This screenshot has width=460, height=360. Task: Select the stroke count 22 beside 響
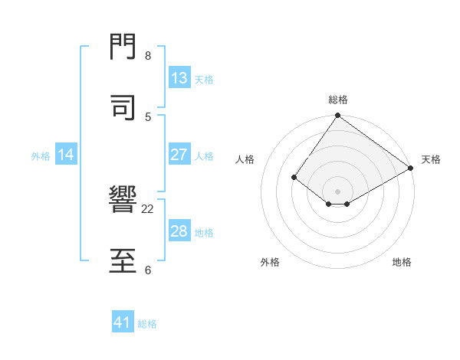coord(148,208)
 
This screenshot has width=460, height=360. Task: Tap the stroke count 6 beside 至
coord(148,270)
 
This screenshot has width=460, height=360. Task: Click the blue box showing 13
coord(179,78)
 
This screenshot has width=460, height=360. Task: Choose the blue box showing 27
coord(179,155)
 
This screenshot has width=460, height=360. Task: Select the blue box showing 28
coord(179,231)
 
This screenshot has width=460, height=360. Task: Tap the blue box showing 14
coord(66,155)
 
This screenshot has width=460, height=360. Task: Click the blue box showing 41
coord(123,323)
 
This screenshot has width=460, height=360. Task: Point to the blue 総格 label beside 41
coord(147,324)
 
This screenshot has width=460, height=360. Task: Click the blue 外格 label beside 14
coord(41,155)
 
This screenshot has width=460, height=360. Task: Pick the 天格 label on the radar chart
coord(431,159)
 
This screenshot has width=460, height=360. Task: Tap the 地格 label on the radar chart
coord(402,262)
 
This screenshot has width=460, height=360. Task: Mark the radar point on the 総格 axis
coord(337,116)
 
